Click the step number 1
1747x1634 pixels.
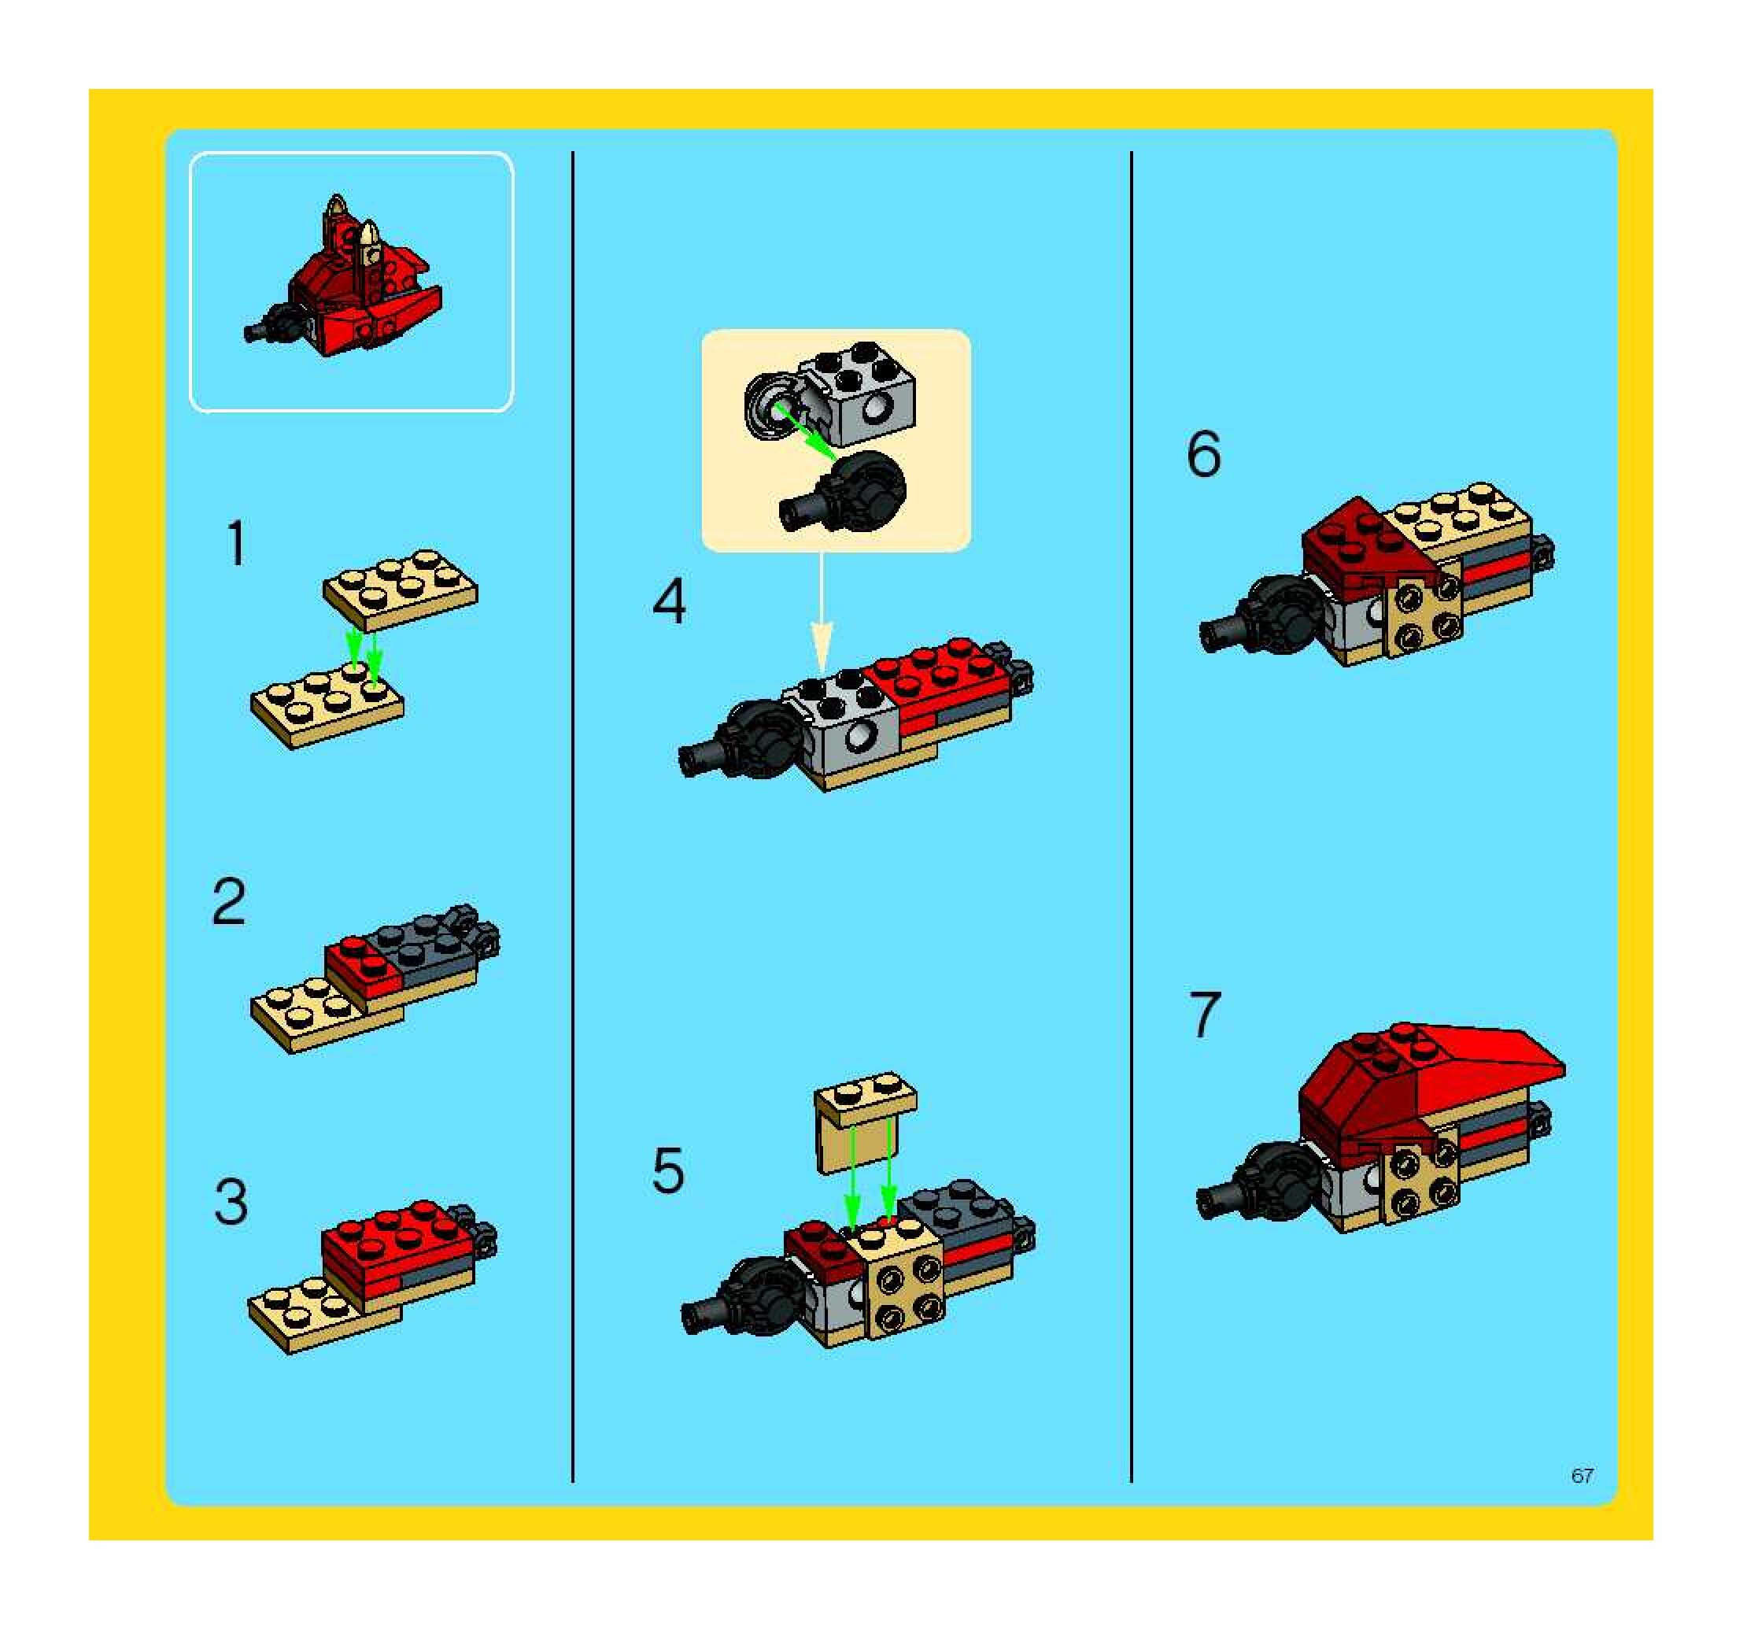(x=236, y=543)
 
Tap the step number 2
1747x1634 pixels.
(x=229, y=902)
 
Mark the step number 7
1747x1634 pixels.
(x=1205, y=1014)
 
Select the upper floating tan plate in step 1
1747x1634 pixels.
(x=400, y=589)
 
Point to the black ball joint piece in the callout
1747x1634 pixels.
(x=844, y=492)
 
